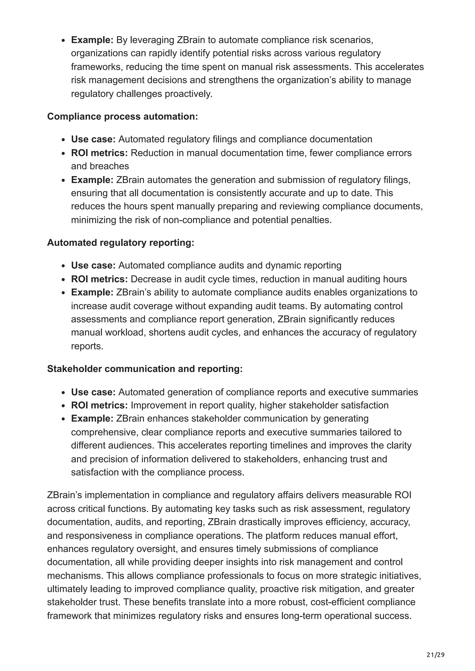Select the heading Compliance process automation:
coord(122,116)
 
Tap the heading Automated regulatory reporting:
coord(121,243)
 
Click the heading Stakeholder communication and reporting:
coord(145,369)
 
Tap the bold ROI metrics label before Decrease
coord(99,279)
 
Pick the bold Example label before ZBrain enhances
coord(92,418)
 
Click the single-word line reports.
coord(87,346)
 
